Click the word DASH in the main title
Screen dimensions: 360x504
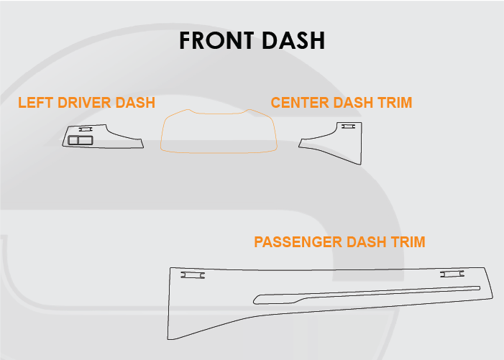pos(294,40)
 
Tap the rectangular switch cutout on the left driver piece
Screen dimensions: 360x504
pos(80,139)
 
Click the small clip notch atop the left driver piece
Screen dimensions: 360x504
pos(86,129)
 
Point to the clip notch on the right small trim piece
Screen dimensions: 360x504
pos(348,126)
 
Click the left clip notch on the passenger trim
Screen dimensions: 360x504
pos(192,274)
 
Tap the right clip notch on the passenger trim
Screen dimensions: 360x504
pos(452,274)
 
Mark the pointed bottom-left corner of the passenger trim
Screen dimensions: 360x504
pos(170,338)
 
